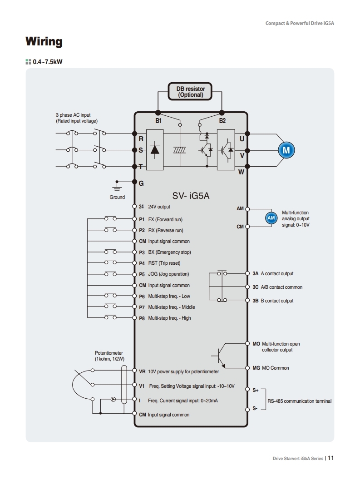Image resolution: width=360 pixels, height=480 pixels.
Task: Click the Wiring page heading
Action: [44, 42]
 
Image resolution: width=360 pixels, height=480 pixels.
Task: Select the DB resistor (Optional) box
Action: [191, 92]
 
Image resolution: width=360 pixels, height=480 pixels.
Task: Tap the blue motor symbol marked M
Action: [286, 149]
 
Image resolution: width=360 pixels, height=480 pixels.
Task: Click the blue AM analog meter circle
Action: [271, 218]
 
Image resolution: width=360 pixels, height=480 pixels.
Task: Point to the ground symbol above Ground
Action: [117, 186]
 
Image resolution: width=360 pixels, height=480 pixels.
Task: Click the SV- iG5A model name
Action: [191, 196]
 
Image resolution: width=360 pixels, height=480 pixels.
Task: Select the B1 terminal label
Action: [158, 121]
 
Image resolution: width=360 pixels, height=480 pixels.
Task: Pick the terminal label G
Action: [141, 183]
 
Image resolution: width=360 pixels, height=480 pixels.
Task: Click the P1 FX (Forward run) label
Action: [161, 219]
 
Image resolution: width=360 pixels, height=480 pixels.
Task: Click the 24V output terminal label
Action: [154, 207]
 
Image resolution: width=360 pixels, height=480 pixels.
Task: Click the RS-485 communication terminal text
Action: [299, 401]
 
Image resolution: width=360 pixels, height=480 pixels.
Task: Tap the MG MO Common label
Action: [271, 368]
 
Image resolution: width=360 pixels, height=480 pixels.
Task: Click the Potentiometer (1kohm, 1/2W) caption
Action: [109, 356]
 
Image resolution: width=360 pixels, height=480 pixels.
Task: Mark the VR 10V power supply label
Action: [179, 371]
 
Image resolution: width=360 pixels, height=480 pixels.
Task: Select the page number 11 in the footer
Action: [330, 458]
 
